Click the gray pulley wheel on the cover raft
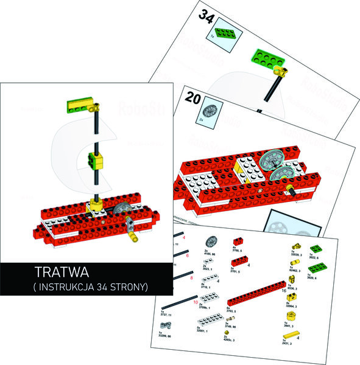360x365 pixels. point(119,209)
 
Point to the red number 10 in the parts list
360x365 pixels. point(195,302)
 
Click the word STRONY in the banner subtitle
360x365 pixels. point(128,286)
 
